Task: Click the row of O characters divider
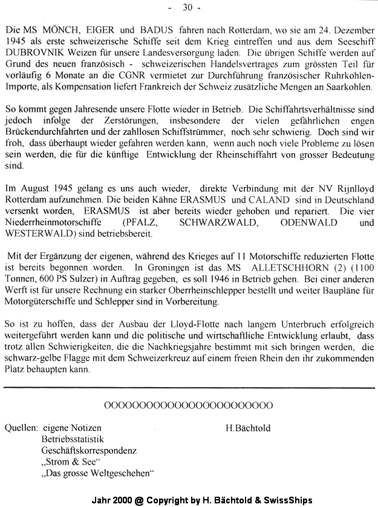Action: coord(188,405)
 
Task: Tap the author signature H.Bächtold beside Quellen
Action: coord(248,428)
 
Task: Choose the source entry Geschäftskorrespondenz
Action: coord(89,451)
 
